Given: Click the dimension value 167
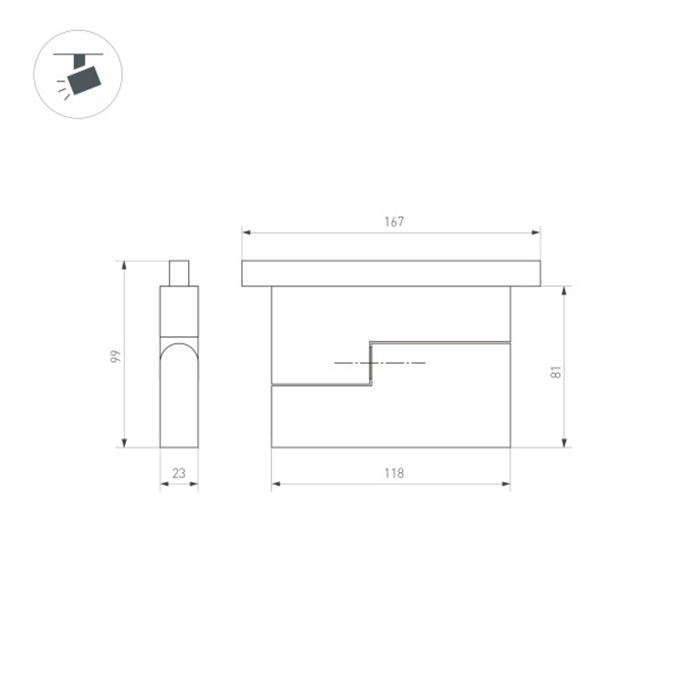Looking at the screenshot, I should pyautogui.click(x=393, y=221).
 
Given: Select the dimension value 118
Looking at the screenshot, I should pyautogui.click(x=393, y=473).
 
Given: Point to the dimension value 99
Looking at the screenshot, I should pyautogui.click(x=115, y=356).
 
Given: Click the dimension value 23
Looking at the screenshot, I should pyautogui.click(x=179, y=473).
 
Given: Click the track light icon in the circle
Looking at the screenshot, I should pyautogui.click(x=78, y=75).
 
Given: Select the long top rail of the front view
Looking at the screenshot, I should pyautogui.click(x=391, y=273).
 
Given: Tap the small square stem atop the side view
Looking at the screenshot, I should pyautogui.click(x=179, y=273).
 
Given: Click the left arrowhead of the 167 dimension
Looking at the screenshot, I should pyautogui.click(x=246, y=233).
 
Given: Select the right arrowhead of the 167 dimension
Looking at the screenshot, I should pyautogui.click(x=536, y=233).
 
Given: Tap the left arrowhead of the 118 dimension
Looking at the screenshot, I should pyautogui.click(x=276, y=484).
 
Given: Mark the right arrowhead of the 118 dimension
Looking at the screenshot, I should pyautogui.click(x=506, y=484).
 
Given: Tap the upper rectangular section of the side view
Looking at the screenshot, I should pyautogui.click(x=179, y=311).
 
